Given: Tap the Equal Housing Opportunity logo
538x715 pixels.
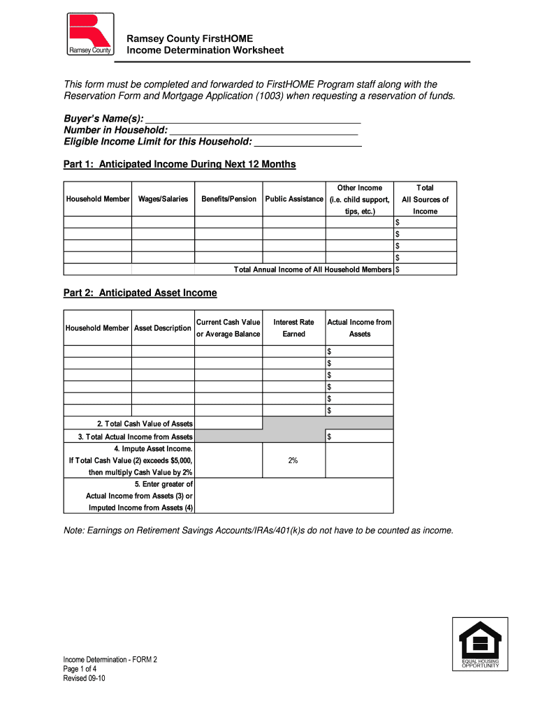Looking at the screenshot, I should (479, 643).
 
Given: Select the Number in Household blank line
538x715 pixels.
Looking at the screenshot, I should (263, 131).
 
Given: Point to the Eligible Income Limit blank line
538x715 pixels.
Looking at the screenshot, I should (307, 142).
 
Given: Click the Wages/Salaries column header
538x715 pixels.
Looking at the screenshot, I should (163, 199).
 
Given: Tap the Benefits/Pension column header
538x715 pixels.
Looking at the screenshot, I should (228, 199).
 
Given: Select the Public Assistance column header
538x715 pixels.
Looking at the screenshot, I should (294, 199).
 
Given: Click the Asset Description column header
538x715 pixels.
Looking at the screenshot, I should (163, 328).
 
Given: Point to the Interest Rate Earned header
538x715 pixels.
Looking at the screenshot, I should (293, 328).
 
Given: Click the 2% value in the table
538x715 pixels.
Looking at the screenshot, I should (293, 461).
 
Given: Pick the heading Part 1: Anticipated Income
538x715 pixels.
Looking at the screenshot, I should (180, 165).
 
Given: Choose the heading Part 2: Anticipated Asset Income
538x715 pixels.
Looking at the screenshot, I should (140, 293).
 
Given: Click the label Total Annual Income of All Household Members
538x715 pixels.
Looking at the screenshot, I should (312, 270).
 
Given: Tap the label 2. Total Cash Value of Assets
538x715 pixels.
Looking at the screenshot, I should (145, 424).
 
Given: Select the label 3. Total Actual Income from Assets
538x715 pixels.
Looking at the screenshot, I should (135, 437).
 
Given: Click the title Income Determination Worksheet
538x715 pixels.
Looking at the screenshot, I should (205, 50).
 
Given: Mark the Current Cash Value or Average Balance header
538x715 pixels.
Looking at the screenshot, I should (228, 328).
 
